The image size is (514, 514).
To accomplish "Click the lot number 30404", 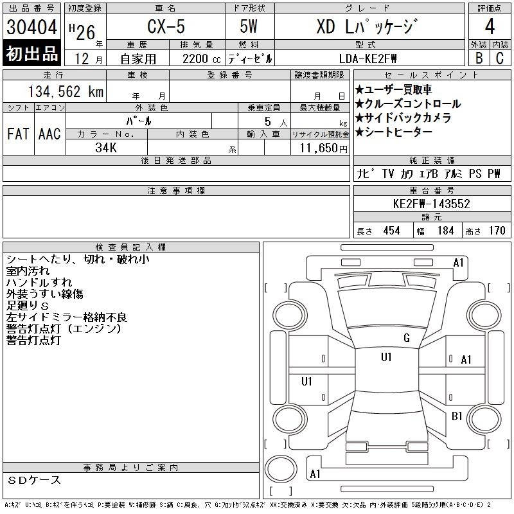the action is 31,27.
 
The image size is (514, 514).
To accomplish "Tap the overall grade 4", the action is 490,26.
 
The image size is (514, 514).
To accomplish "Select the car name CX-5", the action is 166,26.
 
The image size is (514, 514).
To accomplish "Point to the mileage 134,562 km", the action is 66,91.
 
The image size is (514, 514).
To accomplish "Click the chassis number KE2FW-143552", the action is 432,204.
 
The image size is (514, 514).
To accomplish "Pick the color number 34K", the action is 106,148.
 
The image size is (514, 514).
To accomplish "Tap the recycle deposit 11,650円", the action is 323,148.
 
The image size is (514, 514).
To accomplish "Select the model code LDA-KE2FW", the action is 368,59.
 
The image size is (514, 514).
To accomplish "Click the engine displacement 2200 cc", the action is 201,59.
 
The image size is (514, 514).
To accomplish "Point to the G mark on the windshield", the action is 407,338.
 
